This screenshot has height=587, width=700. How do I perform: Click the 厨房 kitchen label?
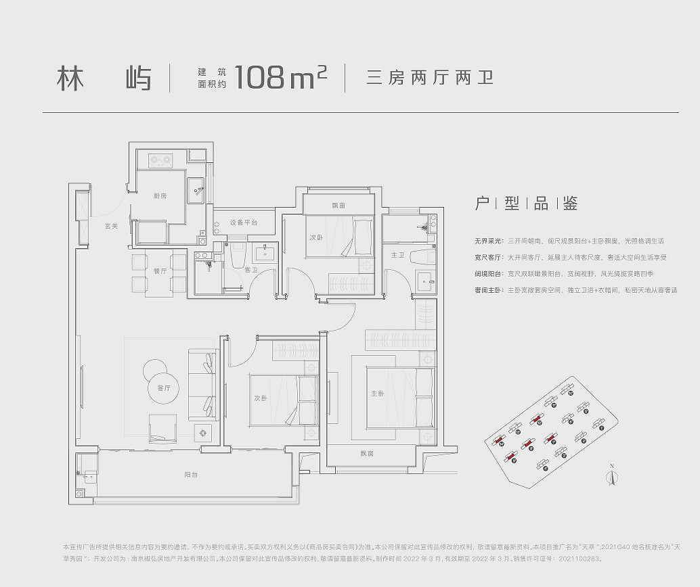(160, 196)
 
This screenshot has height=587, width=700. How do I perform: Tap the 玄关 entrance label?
(111, 226)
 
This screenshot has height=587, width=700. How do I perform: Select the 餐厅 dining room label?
(160, 271)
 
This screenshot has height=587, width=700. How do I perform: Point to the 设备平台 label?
(243, 222)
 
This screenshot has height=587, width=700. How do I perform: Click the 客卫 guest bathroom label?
(250, 271)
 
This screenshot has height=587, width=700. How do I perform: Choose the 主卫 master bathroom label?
(397, 255)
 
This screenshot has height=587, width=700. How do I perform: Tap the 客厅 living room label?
(163, 388)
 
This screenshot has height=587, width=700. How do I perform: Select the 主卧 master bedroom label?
(377, 394)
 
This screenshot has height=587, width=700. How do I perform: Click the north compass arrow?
(611, 476)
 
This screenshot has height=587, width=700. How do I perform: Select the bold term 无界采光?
(486, 241)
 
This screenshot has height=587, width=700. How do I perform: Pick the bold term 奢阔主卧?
(486, 290)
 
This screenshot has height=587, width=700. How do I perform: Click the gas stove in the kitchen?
(160, 161)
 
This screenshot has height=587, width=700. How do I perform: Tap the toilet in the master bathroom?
(422, 256)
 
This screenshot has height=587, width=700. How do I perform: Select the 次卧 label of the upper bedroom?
(316, 238)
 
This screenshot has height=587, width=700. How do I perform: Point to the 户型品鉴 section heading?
(526, 204)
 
